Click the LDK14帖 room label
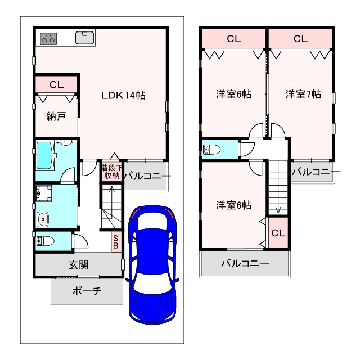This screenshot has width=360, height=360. (124, 95)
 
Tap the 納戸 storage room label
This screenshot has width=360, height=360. (56, 116)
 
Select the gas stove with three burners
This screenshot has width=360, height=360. (48, 39)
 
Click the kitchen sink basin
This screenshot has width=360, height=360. (85, 38)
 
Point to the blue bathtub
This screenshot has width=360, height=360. (44, 155)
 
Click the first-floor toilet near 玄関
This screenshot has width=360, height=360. (45, 241)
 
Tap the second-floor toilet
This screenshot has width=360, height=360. (211, 150)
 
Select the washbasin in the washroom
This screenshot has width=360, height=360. (43, 219)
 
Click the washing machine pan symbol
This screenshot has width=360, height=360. (44, 193)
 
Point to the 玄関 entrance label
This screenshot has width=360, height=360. (79, 265)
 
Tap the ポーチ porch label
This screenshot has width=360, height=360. (87, 291)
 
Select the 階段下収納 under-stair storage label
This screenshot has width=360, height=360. (112, 172)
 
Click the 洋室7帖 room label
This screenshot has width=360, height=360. (303, 94)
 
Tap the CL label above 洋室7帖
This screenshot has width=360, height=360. (300, 39)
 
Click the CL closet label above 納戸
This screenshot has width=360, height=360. (56, 85)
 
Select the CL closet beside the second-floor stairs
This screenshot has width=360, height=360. (278, 233)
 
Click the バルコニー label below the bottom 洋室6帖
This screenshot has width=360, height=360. (245, 263)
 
